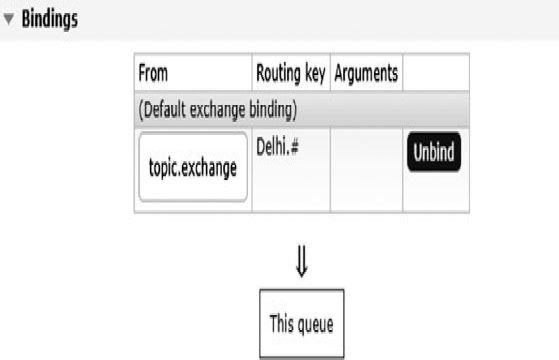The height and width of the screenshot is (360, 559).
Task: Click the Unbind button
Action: pyautogui.click(x=434, y=152)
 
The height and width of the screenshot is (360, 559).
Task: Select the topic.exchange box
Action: pyautogui.click(x=193, y=167)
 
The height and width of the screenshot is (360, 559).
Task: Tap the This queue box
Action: pyautogui.click(x=302, y=323)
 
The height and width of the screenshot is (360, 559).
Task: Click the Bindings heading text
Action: pyautogui.click(x=50, y=19)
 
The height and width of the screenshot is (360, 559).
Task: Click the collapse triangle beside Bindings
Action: pyautogui.click(x=9, y=19)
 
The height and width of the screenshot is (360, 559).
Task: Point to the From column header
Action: pyautogui.click(x=153, y=73)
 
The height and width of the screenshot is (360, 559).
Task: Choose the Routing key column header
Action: pyautogui.click(x=291, y=74)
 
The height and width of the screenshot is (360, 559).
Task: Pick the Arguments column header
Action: pyautogui.click(x=366, y=74)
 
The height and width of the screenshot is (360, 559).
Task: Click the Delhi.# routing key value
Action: pyautogui.click(x=277, y=146)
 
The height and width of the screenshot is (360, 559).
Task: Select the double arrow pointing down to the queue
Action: pyautogui.click(x=302, y=261)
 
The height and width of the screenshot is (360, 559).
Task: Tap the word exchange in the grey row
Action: pyautogui.click(x=218, y=109)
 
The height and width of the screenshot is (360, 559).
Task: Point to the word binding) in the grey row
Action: pyautogui.click(x=273, y=109)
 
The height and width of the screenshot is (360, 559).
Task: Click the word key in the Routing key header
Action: pyautogui.click(x=315, y=74)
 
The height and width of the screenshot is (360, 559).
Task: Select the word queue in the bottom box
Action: pyautogui.click(x=314, y=325)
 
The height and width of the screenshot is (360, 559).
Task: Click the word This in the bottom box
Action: pyautogui.click(x=281, y=323)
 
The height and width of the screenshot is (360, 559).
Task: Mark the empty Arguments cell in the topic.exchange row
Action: pyautogui.click(x=366, y=170)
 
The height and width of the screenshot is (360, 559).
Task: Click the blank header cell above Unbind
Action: pyautogui.click(x=436, y=73)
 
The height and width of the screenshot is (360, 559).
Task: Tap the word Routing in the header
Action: pyautogui.click(x=279, y=74)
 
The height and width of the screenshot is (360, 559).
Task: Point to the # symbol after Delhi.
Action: pyautogui.click(x=294, y=146)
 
